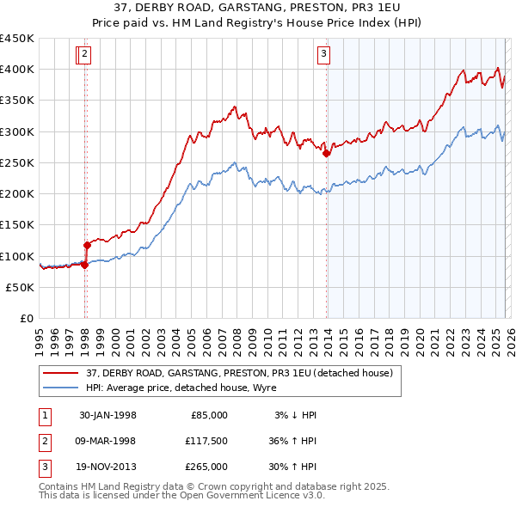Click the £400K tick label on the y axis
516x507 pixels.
(17, 70)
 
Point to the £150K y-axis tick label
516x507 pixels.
(17, 225)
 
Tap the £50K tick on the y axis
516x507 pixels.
(21, 287)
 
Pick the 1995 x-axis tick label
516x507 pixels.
(40, 337)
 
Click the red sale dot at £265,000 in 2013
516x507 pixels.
(327, 154)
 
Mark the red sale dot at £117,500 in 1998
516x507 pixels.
(87, 245)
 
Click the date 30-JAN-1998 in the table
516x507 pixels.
(107, 415)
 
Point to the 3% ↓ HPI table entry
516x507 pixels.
(296, 415)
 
